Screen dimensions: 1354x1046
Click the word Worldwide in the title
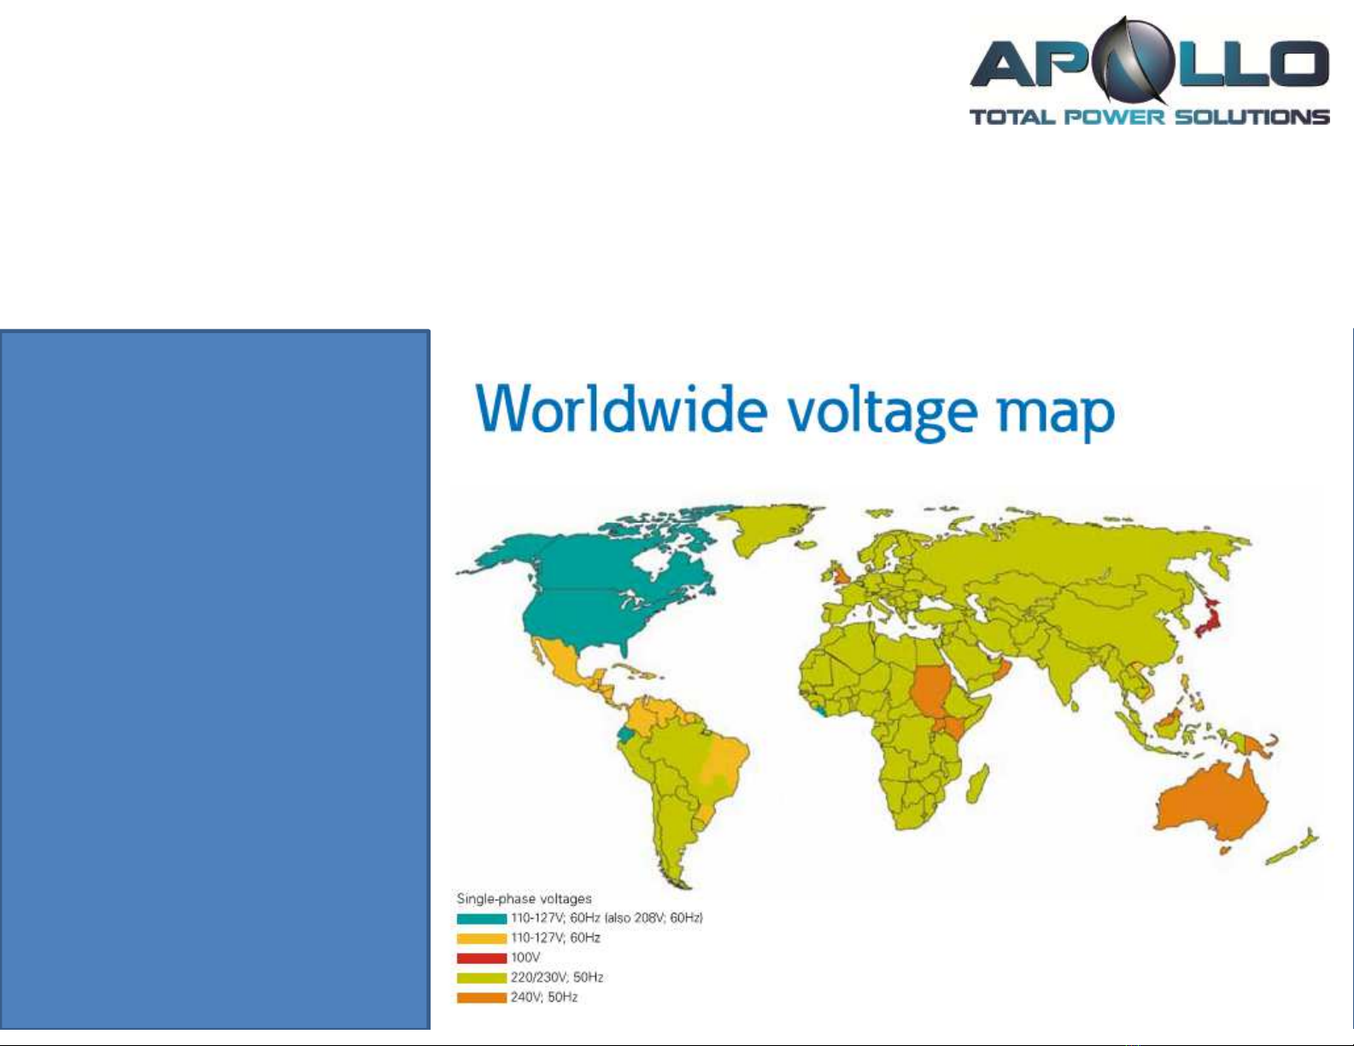(x=621, y=408)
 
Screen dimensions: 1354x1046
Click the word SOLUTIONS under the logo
(x=1252, y=117)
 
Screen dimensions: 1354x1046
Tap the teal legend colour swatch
(x=481, y=919)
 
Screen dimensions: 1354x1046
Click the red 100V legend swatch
(x=481, y=958)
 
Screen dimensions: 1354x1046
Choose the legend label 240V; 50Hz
(x=544, y=997)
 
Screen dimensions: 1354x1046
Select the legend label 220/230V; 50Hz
(x=557, y=978)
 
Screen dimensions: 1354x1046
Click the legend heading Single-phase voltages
(x=524, y=899)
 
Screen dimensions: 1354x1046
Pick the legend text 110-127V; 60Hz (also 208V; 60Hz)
(x=607, y=919)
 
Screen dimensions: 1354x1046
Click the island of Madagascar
(x=976, y=785)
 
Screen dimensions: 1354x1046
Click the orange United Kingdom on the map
(x=838, y=574)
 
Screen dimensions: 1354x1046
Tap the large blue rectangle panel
(x=215, y=680)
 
